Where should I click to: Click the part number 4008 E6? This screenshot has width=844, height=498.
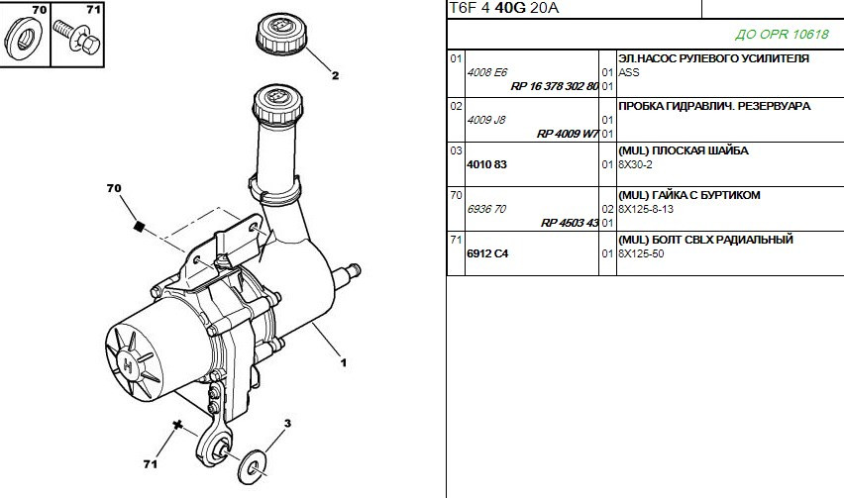click(x=487, y=72)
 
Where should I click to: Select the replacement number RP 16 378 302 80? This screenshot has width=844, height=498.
click(x=555, y=86)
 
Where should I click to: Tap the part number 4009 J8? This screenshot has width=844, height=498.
click(x=486, y=120)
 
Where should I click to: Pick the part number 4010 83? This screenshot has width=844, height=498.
click(x=486, y=164)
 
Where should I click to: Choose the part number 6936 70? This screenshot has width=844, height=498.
click(x=486, y=209)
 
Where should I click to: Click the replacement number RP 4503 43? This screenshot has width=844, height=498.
click(x=570, y=223)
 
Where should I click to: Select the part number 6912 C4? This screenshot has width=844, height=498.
click(x=487, y=253)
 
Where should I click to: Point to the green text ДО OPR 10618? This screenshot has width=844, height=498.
click(x=783, y=35)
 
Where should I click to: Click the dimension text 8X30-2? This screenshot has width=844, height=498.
click(x=635, y=164)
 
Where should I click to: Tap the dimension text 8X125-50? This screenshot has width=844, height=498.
click(x=641, y=253)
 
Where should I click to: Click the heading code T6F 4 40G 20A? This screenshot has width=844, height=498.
click(x=504, y=9)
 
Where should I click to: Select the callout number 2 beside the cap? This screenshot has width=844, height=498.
click(x=336, y=75)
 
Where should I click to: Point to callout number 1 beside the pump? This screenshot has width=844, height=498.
click(x=344, y=363)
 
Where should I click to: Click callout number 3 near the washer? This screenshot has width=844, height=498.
click(x=287, y=423)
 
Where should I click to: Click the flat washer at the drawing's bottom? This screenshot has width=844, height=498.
click(x=252, y=466)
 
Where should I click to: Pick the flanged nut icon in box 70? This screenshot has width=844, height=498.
click(x=24, y=39)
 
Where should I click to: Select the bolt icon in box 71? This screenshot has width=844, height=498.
click(x=77, y=36)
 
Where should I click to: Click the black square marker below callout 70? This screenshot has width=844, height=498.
click(x=139, y=227)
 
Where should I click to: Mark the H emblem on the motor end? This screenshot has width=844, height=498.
click(x=128, y=365)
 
